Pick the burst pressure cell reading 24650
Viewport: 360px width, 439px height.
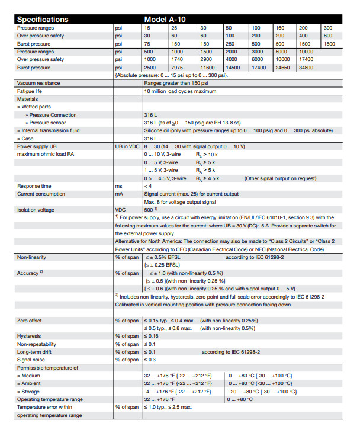pos(283,68)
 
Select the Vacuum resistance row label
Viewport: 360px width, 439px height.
pos(40,84)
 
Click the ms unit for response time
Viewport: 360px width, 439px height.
pos(118,185)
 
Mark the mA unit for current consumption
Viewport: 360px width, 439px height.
pos(119,193)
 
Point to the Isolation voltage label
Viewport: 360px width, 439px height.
pos(37,209)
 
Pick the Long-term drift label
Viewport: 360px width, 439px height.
pos(35,351)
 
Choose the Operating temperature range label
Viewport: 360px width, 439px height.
pos(50,399)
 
